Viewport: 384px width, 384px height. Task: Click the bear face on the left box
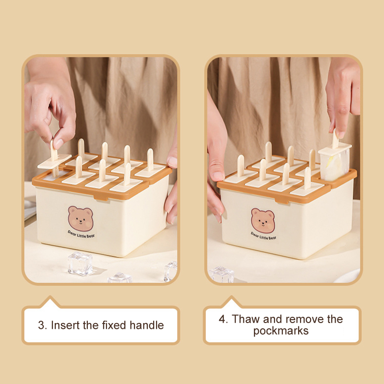pyautogui.click(x=81, y=219)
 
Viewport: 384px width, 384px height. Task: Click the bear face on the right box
pyautogui.click(x=263, y=221)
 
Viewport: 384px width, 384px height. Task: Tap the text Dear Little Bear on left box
pyautogui.click(x=81, y=234)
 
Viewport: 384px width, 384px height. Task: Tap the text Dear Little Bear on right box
pyautogui.click(x=264, y=236)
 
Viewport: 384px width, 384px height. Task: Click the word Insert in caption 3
pyautogui.click(x=65, y=325)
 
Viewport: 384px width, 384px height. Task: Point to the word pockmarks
pyautogui.click(x=281, y=331)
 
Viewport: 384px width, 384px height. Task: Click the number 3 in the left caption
pyautogui.click(x=41, y=325)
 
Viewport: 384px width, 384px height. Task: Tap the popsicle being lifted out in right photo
pyautogui.click(x=334, y=159)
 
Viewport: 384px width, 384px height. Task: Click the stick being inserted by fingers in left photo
pyautogui.click(x=54, y=157)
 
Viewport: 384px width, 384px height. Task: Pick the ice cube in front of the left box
pyautogui.click(x=80, y=264)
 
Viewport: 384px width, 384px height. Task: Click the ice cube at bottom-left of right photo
pyautogui.click(x=222, y=274)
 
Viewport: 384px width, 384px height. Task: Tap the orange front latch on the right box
pyautogui.click(x=282, y=201)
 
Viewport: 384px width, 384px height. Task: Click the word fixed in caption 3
pyautogui.click(x=114, y=325)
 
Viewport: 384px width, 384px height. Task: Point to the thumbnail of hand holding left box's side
pyautogui.click(x=173, y=162)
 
